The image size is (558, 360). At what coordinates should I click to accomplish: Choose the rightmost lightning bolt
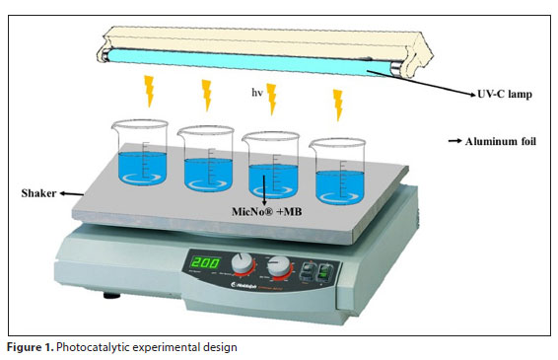click(x=338, y=102)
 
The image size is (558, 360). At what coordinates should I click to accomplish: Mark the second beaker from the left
click(x=205, y=159)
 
